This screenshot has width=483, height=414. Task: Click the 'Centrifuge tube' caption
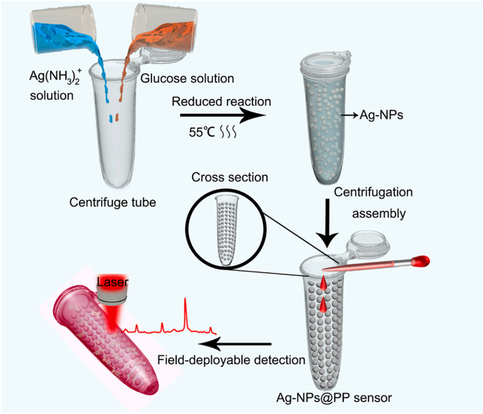tap(112, 203)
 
